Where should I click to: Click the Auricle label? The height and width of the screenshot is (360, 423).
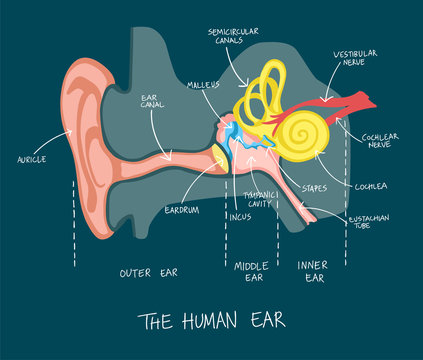(x=33, y=159)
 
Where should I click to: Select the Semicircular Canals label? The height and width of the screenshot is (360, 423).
(x=233, y=37)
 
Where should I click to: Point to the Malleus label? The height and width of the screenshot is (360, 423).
(x=203, y=86)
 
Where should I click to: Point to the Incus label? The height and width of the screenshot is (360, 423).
(x=239, y=215)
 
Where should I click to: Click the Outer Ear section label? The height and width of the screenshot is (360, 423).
(x=149, y=272)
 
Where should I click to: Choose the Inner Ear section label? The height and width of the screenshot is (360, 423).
(x=311, y=271)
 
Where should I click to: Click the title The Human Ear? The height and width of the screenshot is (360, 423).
(x=212, y=320)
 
